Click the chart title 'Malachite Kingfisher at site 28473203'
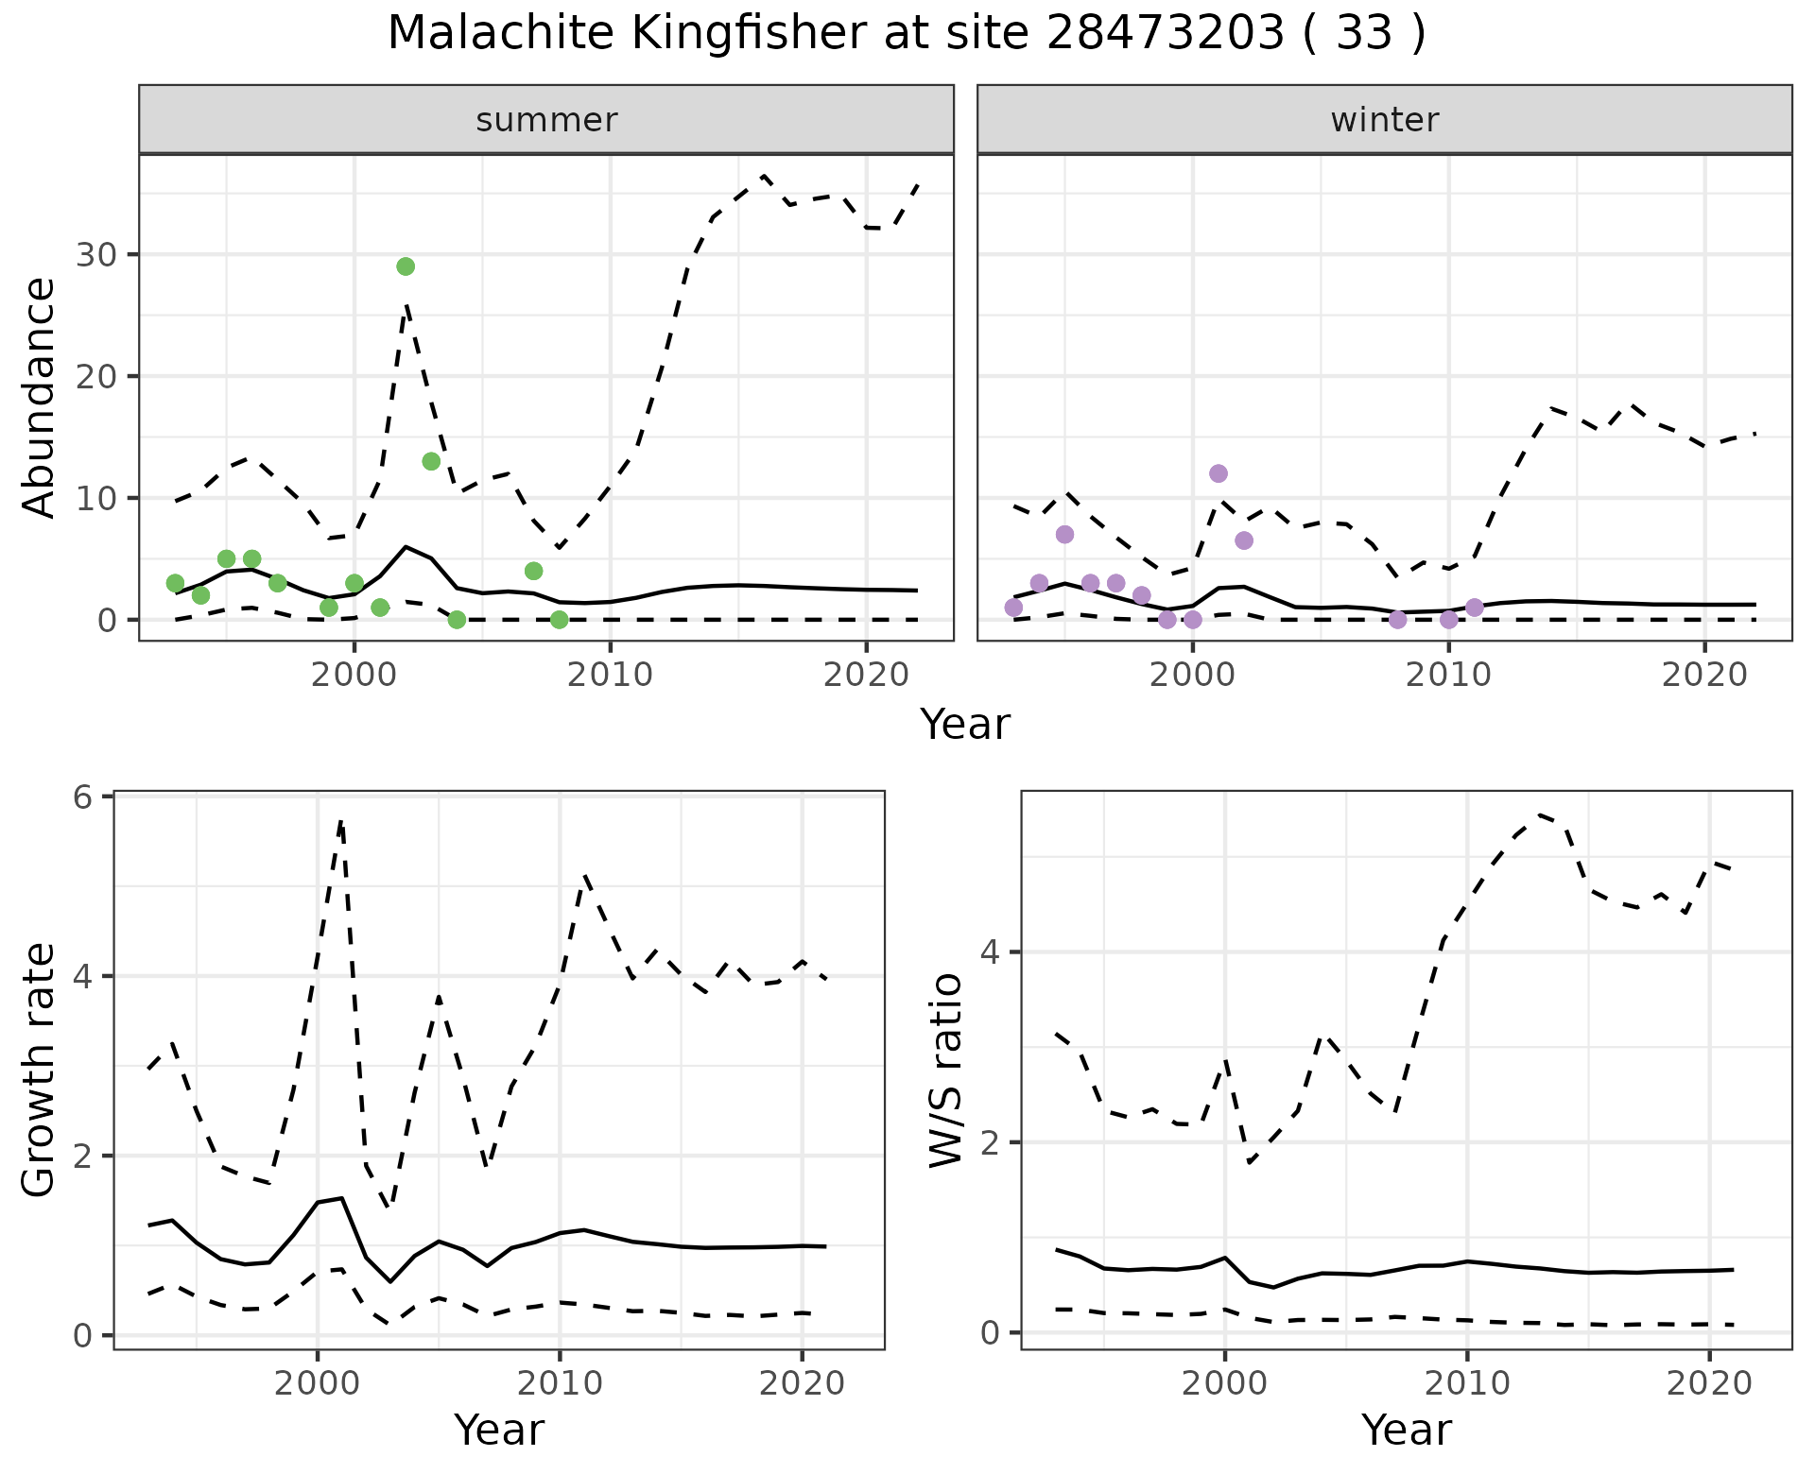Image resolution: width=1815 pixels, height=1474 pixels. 906,34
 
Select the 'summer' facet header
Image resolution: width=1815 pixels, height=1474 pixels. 546,120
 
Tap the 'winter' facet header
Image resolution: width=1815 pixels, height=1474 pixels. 1384,120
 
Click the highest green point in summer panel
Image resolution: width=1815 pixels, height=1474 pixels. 406,266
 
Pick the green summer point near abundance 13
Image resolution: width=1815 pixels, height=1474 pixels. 431,461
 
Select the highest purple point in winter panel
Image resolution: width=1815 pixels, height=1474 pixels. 1219,473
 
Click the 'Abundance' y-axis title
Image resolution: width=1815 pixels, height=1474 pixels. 40,398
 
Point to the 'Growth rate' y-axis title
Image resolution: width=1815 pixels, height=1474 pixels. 40,1071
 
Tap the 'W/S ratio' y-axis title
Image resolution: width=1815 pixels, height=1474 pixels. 946,1071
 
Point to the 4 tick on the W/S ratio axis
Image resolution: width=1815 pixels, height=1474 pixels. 991,951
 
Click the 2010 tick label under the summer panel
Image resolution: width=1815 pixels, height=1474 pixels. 611,675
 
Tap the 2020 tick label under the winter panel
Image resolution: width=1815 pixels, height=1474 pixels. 1704,675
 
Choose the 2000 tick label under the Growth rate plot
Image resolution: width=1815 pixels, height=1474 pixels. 318,1384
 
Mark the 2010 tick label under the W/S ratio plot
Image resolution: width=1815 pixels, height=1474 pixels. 1467,1384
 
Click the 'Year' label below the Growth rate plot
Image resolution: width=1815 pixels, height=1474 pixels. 499,1431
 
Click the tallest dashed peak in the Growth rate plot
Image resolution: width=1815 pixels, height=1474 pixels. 340,822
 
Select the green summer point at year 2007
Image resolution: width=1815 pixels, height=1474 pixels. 533,571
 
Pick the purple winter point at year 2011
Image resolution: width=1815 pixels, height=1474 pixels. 1474,607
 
